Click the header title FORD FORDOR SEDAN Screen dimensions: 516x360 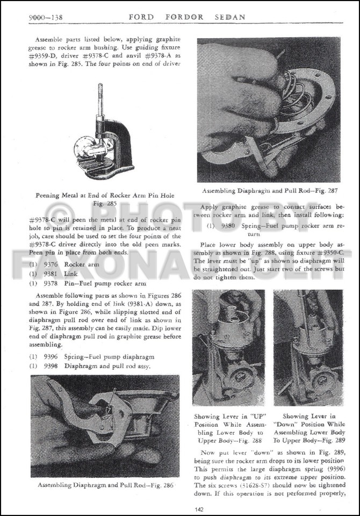tap(186, 17)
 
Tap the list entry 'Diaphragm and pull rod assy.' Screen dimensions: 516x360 tap(108, 366)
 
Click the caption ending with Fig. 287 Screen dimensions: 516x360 tap(269, 191)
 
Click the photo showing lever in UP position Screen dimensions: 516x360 tap(228, 348)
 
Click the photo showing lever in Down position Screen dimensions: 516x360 tap(308, 348)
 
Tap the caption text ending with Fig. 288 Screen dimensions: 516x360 tap(228, 428)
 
